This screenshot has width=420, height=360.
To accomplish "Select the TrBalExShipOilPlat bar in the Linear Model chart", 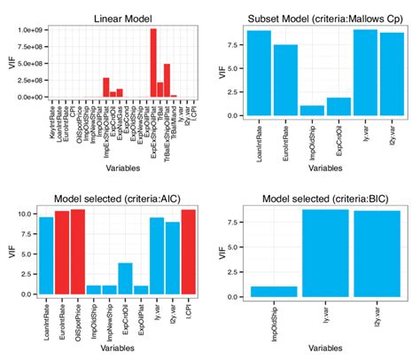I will pyautogui.click(x=167, y=81).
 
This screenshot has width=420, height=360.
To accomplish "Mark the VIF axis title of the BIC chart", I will pyautogui.click(x=223, y=252).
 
